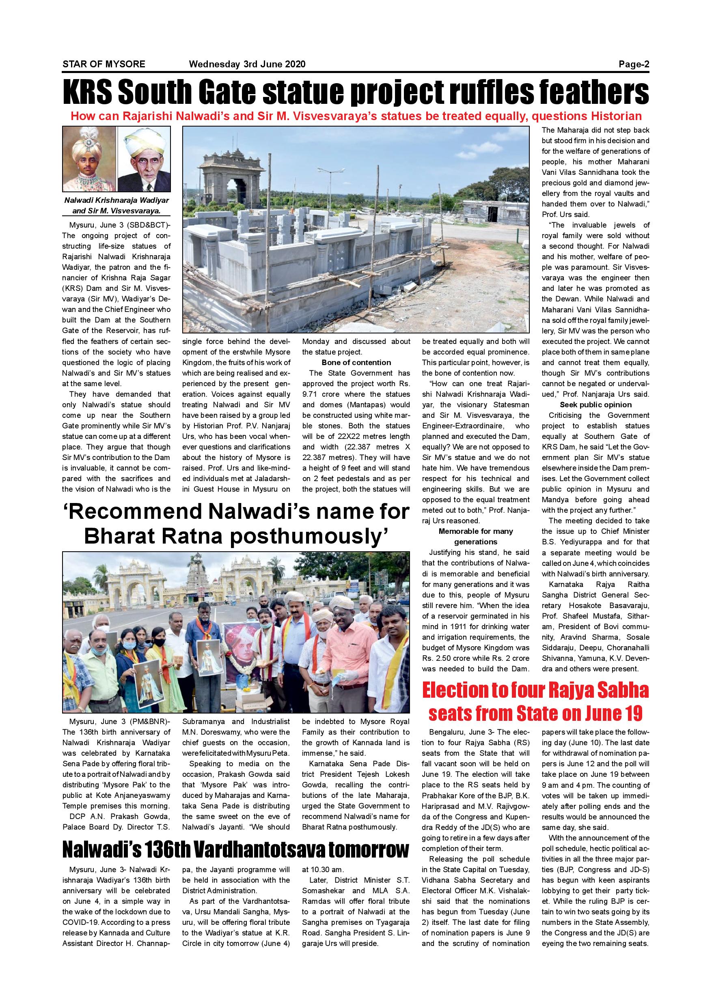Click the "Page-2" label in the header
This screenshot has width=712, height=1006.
click(x=634, y=64)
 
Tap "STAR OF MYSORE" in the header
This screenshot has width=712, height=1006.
click(x=104, y=64)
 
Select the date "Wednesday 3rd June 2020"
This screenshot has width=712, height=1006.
click(x=247, y=64)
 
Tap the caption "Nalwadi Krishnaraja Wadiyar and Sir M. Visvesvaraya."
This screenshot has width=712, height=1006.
click(x=116, y=206)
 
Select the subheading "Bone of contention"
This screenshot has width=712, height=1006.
click(x=356, y=362)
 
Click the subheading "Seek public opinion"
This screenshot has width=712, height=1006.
click(x=595, y=404)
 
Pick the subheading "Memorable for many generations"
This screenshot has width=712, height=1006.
click(x=476, y=536)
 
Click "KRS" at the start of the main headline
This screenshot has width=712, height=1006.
click(x=88, y=92)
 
